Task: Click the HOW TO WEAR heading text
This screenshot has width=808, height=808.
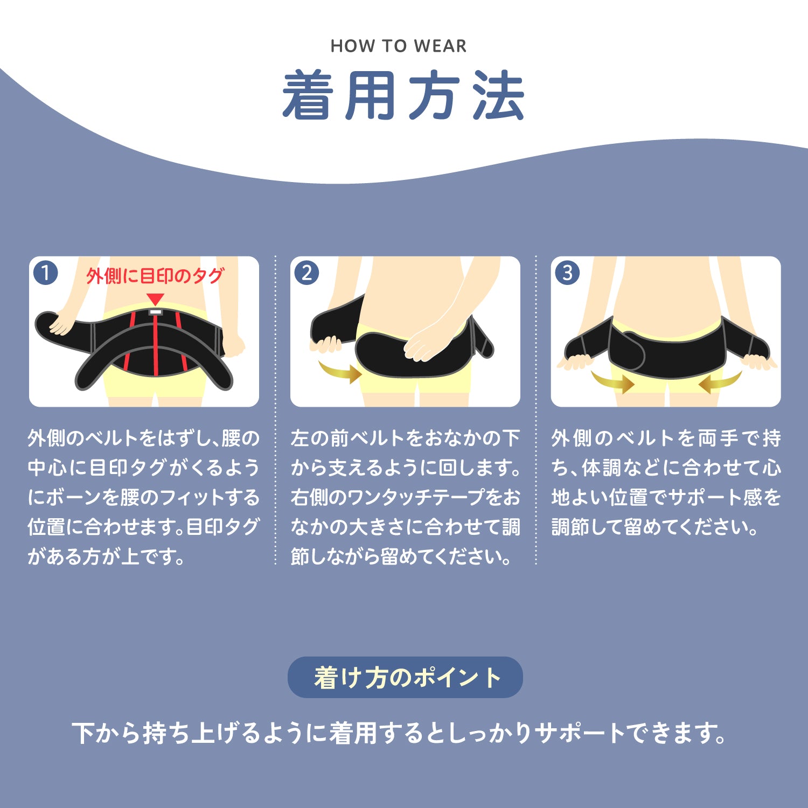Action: [x=399, y=46]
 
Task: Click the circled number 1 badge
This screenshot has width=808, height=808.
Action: [x=45, y=273]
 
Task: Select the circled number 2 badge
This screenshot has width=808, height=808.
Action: [x=307, y=273]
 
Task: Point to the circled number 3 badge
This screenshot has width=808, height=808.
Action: [x=567, y=273]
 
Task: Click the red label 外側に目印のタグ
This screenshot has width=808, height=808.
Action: [x=155, y=276]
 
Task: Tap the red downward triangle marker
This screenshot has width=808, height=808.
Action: [x=155, y=299]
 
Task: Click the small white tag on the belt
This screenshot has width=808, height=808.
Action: [x=155, y=311]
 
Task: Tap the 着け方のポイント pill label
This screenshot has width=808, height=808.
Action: [x=405, y=677]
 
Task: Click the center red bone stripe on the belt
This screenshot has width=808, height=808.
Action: [x=156, y=345]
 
